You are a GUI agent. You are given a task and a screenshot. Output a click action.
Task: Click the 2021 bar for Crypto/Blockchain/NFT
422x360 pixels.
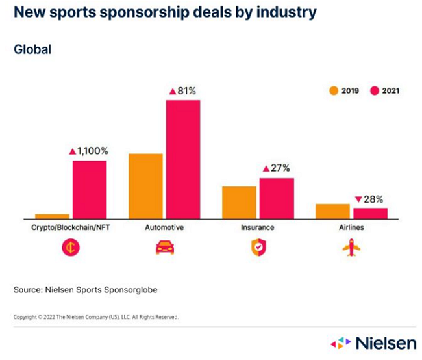click(89, 189)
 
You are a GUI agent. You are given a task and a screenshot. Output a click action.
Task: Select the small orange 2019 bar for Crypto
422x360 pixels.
click(52, 216)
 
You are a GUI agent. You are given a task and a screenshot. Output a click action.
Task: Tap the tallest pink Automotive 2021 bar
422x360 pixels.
click(182, 159)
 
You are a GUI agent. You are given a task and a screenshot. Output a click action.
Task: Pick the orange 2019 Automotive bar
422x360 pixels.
click(145, 186)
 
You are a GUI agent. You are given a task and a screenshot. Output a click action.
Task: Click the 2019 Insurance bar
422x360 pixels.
click(239, 202)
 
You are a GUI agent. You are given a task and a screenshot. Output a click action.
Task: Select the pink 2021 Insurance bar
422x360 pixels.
click(277, 198)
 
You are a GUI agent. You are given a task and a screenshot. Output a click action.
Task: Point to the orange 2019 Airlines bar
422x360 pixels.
click(332, 211)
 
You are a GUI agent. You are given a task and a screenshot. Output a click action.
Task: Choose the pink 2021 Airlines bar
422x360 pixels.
click(370, 213)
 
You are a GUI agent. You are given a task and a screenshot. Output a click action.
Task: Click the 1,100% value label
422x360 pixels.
click(93, 151)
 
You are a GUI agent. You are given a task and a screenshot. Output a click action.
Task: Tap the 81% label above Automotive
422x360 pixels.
click(188, 91)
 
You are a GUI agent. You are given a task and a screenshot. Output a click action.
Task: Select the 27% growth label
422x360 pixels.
click(280, 168)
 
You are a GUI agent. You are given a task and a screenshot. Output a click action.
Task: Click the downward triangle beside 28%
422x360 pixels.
click(358, 199)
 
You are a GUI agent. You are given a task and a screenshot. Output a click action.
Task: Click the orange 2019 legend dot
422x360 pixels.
click(334, 90)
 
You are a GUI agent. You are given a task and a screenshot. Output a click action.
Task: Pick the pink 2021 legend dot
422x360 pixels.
click(374, 90)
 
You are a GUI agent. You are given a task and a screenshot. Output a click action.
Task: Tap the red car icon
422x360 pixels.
click(165, 248)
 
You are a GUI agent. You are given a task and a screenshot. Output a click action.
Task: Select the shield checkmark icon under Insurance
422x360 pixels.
click(258, 248)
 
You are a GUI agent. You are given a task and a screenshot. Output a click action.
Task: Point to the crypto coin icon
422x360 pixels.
click(70, 248)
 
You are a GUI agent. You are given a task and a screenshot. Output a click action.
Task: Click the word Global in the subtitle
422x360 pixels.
click(32, 49)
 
